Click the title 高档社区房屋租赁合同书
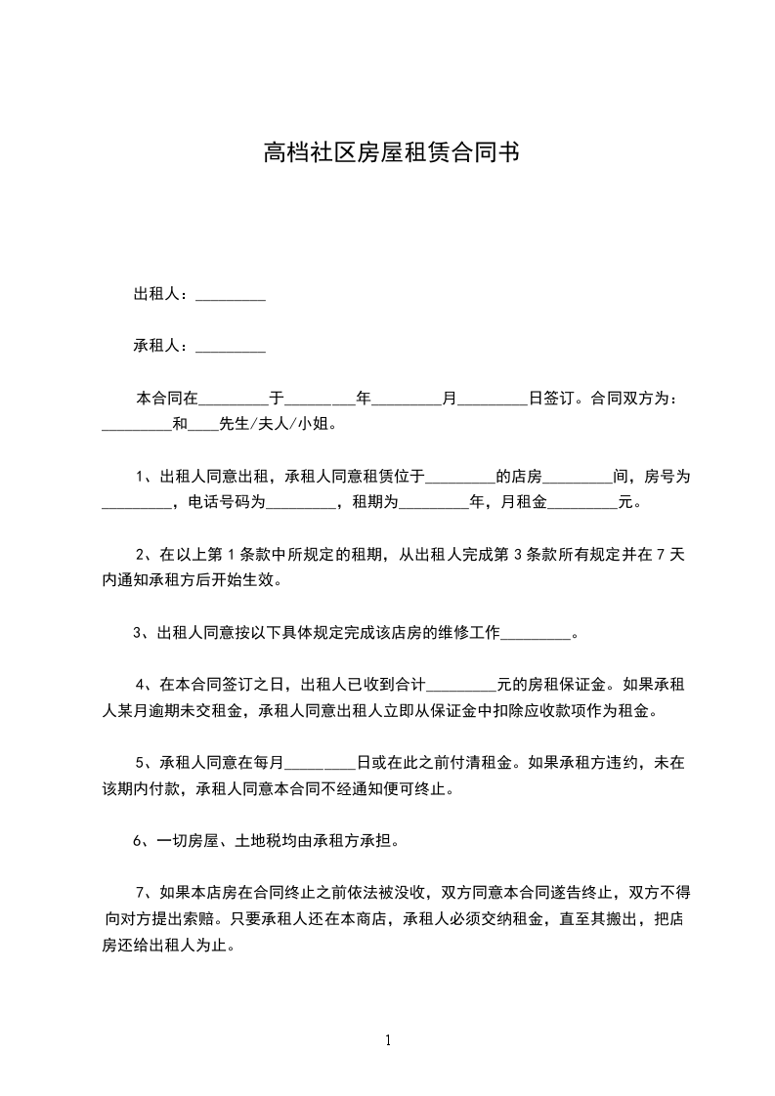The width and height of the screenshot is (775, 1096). [x=390, y=153]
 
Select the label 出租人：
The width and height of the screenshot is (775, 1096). [x=163, y=294]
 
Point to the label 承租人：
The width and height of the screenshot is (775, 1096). [x=163, y=346]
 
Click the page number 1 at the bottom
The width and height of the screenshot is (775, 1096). [x=388, y=1040]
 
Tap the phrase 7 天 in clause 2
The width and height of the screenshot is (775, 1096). [x=668, y=555]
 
